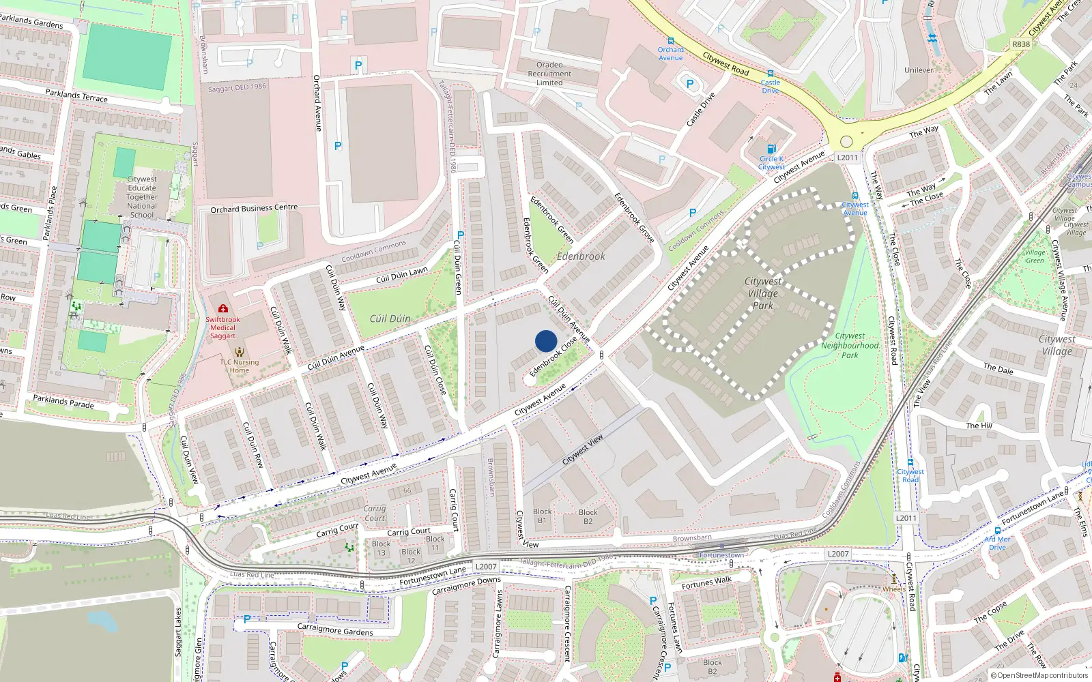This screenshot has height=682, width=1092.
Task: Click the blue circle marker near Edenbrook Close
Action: point(546,341)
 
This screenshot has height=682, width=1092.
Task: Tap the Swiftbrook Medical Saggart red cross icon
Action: point(223,309)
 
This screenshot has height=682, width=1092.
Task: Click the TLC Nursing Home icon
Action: point(240,352)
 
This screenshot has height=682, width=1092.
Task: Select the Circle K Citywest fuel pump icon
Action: point(771,149)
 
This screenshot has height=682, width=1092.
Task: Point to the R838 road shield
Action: point(1021,44)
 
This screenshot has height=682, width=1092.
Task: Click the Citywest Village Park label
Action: point(763,293)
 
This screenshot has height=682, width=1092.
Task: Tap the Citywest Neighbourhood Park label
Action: point(850,345)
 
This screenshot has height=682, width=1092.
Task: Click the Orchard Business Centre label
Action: point(254,208)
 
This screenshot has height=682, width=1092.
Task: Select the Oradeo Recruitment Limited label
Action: point(549,74)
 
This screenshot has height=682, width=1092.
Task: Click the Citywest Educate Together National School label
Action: point(142,196)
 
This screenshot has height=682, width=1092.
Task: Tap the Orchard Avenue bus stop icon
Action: point(671,41)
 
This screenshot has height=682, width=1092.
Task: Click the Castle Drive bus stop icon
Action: point(771,74)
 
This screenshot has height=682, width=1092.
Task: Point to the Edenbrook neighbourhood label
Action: point(581,256)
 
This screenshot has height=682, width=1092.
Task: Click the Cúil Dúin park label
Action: point(390,318)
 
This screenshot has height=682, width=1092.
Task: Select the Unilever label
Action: point(919,70)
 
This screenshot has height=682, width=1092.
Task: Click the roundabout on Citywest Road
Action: point(846,142)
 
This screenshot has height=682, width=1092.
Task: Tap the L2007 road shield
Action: point(838,554)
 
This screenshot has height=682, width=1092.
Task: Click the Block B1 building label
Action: point(543,516)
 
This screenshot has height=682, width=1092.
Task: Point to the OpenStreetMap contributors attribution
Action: point(1039,675)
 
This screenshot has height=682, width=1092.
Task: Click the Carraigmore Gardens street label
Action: point(335,629)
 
